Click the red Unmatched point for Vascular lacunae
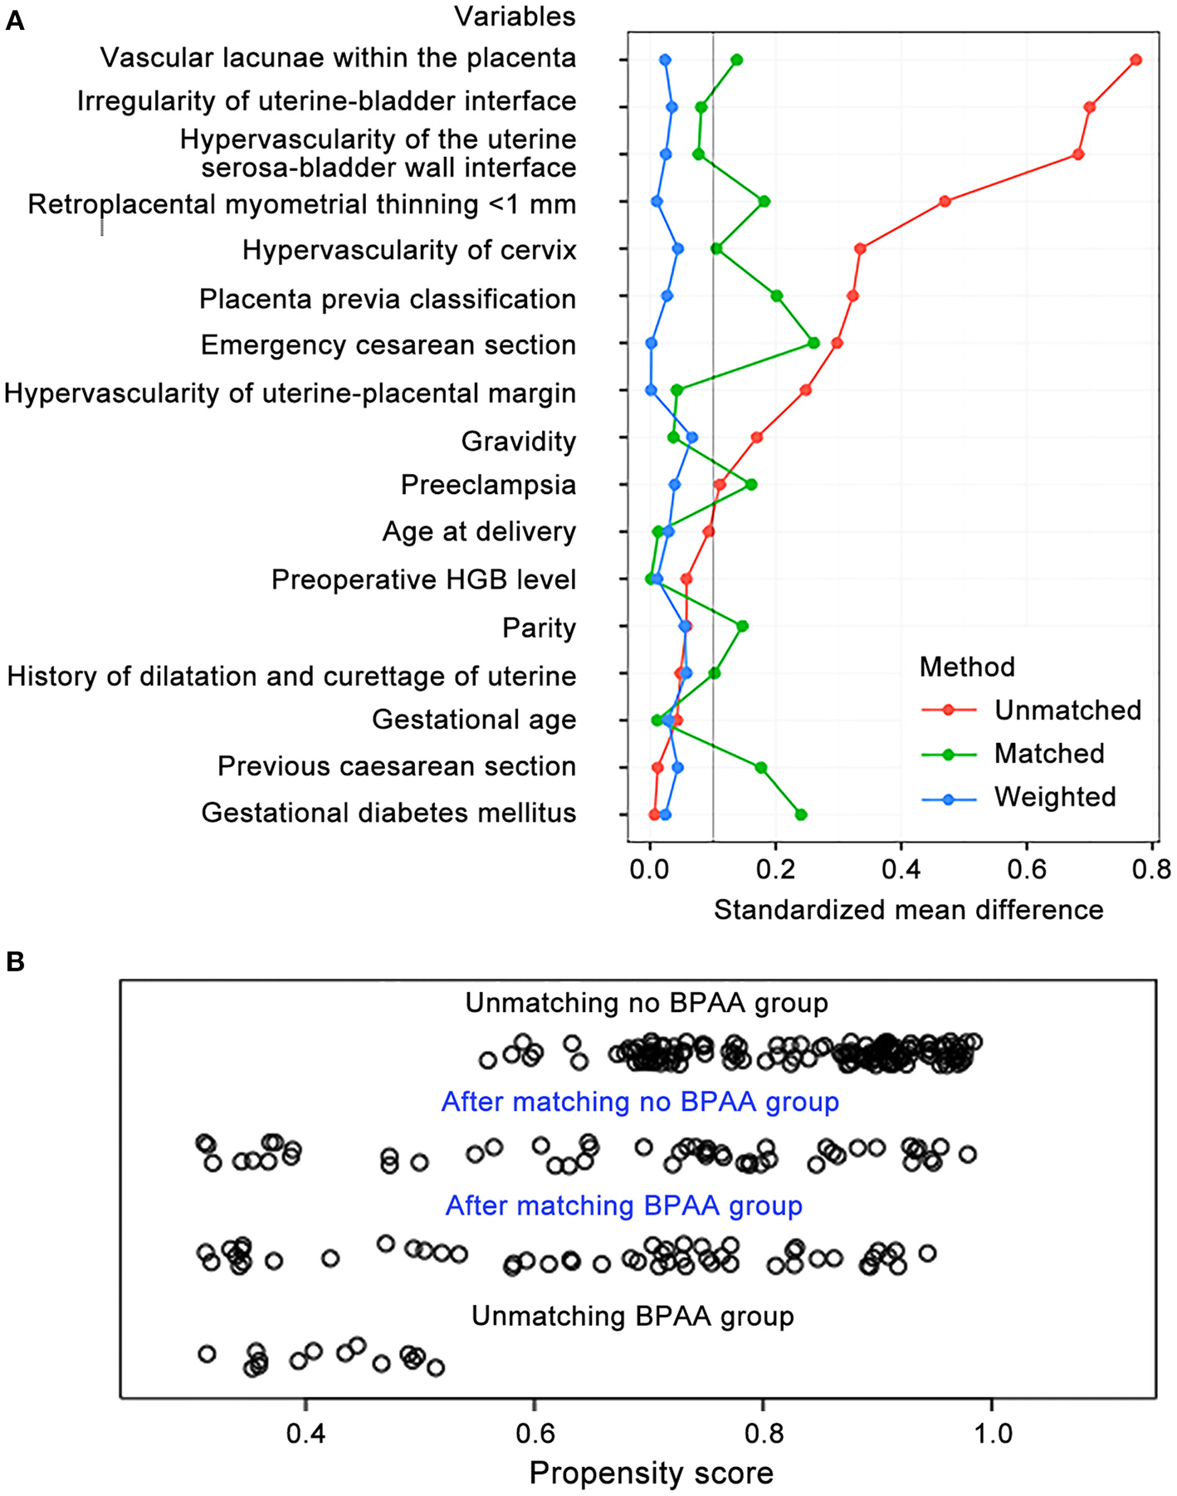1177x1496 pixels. coord(1136,60)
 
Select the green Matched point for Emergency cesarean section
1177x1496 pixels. coord(813,343)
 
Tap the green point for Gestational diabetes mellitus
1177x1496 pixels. coord(801,815)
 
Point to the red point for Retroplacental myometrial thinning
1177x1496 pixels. coord(945,201)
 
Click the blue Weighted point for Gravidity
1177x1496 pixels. coord(692,438)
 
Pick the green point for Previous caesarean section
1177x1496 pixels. coord(760,768)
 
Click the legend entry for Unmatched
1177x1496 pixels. coord(1067,710)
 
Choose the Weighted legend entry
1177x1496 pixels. coord(1055,797)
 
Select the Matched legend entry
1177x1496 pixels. coord(1049,754)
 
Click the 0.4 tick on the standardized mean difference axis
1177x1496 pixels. coord(901,870)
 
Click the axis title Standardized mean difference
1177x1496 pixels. coord(908,910)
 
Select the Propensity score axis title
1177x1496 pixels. coord(651,1473)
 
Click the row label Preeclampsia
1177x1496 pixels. coord(488,485)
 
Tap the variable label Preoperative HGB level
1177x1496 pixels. coord(423,579)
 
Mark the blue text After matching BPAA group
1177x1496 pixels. coord(623,1205)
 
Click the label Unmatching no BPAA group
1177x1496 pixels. coord(646,1003)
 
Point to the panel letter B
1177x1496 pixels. coord(15,962)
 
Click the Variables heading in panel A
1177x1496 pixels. coord(515,17)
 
